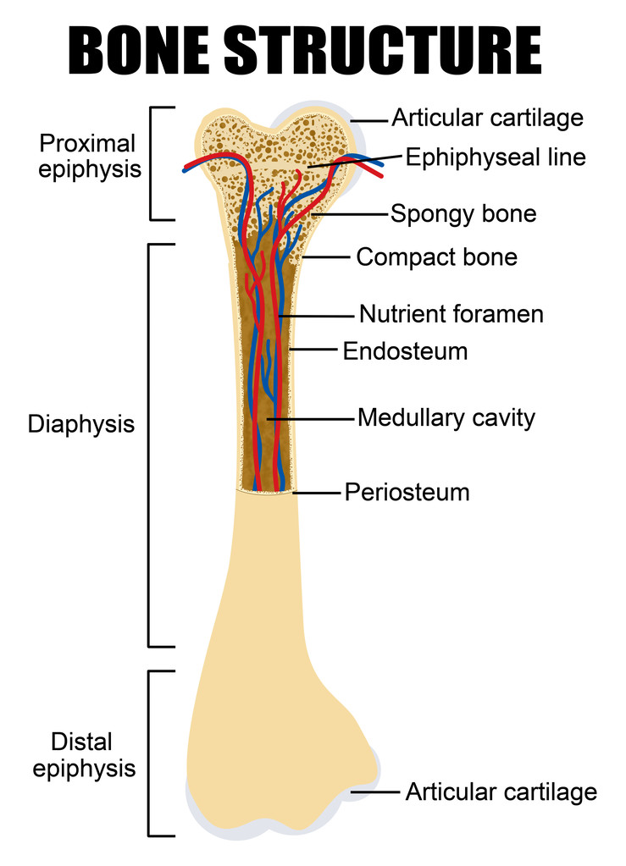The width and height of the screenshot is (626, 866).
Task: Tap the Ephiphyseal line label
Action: point(495,157)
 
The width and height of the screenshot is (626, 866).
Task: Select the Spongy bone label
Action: point(463,213)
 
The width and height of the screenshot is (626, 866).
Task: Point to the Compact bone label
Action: point(436,256)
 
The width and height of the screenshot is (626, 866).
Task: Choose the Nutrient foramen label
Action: point(451,314)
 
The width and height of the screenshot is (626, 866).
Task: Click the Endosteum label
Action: point(405,350)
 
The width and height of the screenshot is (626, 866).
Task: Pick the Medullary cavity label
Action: point(446,417)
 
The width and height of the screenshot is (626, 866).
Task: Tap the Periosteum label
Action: point(407,492)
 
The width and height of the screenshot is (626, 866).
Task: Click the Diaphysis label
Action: point(81,423)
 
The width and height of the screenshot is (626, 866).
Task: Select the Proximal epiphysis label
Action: point(88,157)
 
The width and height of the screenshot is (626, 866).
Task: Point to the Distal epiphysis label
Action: point(81,755)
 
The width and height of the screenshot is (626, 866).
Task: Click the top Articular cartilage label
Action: point(487,118)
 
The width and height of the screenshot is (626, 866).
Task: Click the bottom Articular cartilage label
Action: point(501,792)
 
